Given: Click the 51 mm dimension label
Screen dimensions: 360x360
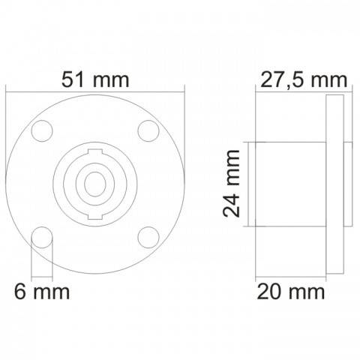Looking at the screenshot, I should (95, 79).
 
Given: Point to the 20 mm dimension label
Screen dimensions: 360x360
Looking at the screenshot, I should (292, 289).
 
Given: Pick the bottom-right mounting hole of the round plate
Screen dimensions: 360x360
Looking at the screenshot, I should (148, 238).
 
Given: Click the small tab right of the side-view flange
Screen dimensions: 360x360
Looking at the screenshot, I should (345, 184).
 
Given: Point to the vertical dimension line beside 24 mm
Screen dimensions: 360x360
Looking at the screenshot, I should (247, 184).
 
